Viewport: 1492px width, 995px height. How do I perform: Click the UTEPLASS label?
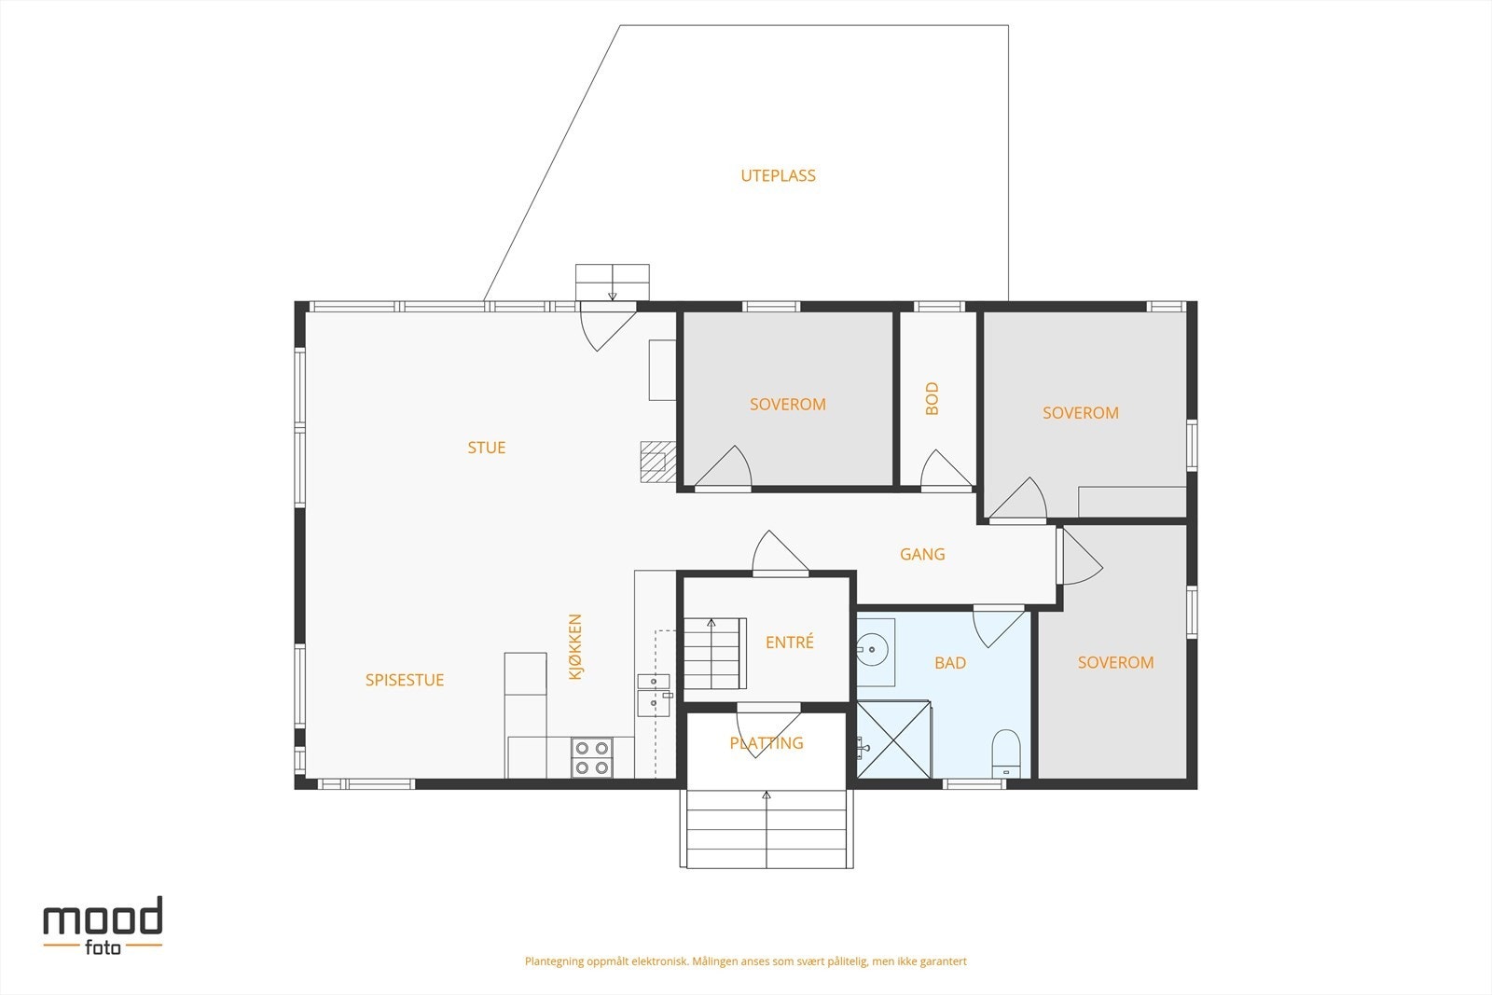tap(778, 175)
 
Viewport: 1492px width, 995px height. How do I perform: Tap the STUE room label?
tap(486, 448)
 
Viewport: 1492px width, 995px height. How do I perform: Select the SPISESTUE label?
tap(405, 680)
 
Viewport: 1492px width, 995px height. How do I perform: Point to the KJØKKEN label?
tap(574, 646)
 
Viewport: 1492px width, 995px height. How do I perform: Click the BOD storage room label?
tap(932, 398)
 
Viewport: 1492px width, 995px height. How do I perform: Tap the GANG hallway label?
tap(922, 554)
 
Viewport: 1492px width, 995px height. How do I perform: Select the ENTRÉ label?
tap(789, 642)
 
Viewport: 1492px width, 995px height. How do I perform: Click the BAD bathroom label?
tap(950, 663)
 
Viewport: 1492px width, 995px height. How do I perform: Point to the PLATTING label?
tap(766, 742)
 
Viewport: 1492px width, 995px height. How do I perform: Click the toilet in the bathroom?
tap(1006, 753)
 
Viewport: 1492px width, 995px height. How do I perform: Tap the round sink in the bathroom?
tap(872, 648)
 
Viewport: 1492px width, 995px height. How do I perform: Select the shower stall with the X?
tap(894, 739)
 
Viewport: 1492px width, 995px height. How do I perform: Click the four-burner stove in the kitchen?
tap(592, 757)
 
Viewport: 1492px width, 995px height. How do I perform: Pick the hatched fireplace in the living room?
tap(658, 462)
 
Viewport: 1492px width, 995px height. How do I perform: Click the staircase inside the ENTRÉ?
tap(714, 654)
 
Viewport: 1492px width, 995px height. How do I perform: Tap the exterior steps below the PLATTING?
tap(767, 828)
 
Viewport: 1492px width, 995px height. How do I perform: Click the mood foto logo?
tap(104, 926)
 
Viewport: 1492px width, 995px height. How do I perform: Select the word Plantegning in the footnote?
tap(554, 961)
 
